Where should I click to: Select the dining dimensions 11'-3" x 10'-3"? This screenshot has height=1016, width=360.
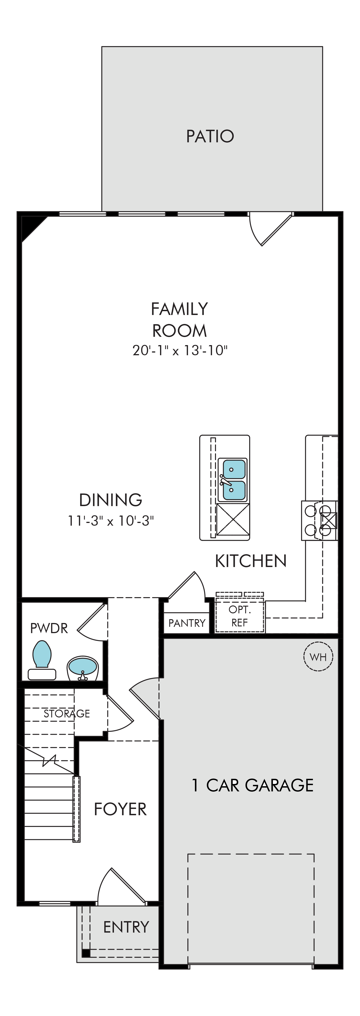click(111, 521)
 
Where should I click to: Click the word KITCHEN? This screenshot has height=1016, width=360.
click(251, 561)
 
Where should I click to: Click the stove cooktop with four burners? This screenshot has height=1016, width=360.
click(319, 521)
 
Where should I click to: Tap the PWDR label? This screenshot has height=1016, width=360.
click(49, 628)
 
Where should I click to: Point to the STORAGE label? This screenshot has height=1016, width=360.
click(67, 713)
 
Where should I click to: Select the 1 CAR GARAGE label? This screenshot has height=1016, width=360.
click(252, 785)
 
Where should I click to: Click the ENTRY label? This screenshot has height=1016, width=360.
click(126, 927)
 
